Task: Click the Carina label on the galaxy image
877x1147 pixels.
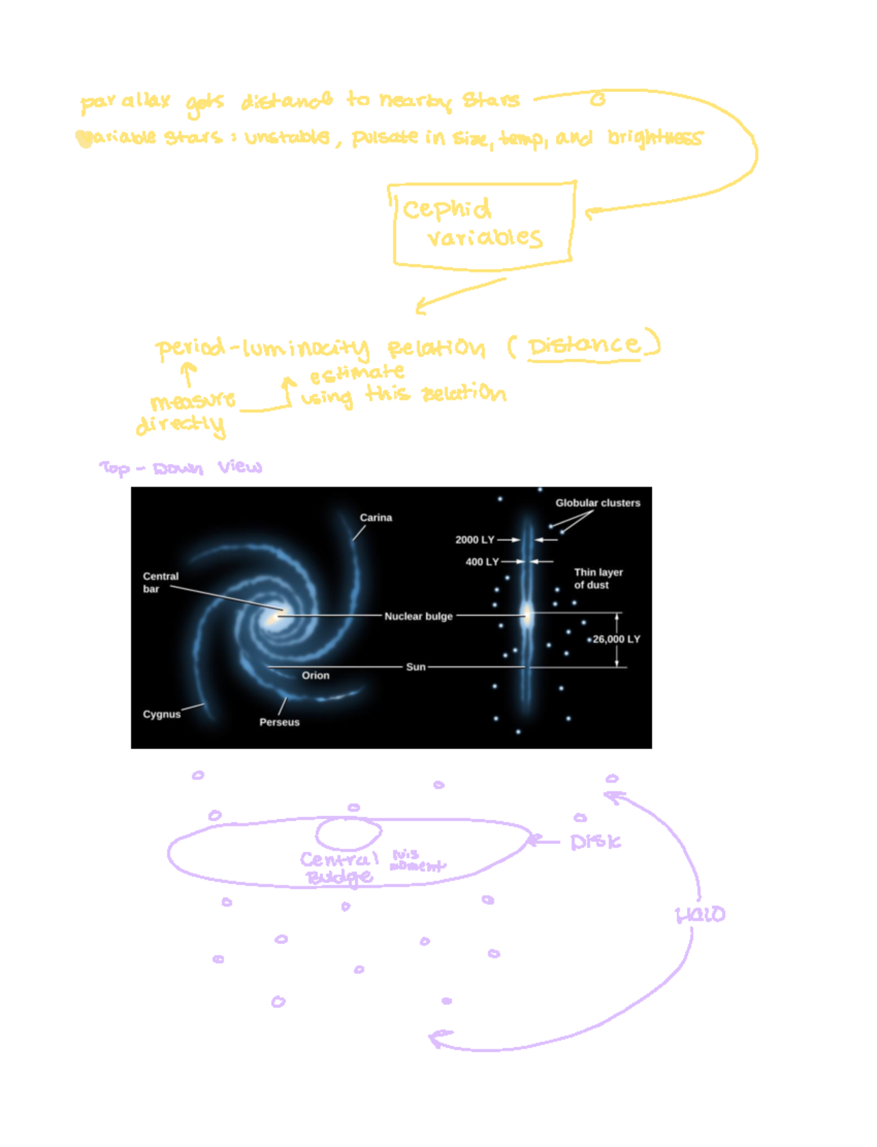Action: pyautogui.click(x=376, y=517)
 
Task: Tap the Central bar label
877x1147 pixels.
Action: pyautogui.click(x=160, y=582)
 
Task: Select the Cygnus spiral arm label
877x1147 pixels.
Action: pyautogui.click(x=162, y=714)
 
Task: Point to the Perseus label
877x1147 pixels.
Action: pyautogui.click(x=279, y=722)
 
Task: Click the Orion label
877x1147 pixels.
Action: pyautogui.click(x=316, y=675)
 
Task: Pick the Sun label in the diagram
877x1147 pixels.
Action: pyautogui.click(x=416, y=666)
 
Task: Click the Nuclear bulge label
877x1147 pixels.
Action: pyautogui.click(x=418, y=616)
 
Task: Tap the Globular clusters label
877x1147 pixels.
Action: pyautogui.click(x=597, y=503)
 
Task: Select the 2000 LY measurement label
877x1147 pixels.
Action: pyautogui.click(x=474, y=539)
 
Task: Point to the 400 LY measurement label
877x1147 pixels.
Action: pyautogui.click(x=482, y=562)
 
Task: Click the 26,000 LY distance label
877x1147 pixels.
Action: pyautogui.click(x=616, y=639)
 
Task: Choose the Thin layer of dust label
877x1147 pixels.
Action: pyautogui.click(x=598, y=578)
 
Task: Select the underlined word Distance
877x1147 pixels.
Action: pyautogui.click(x=584, y=346)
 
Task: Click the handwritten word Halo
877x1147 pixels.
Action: pyautogui.click(x=699, y=914)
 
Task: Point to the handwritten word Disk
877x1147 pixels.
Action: pyautogui.click(x=595, y=842)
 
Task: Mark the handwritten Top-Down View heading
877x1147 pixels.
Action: pyautogui.click(x=181, y=467)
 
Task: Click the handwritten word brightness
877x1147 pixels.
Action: pyautogui.click(x=655, y=137)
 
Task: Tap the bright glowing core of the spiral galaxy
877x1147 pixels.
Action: pyautogui.click(x=273, y=618)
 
